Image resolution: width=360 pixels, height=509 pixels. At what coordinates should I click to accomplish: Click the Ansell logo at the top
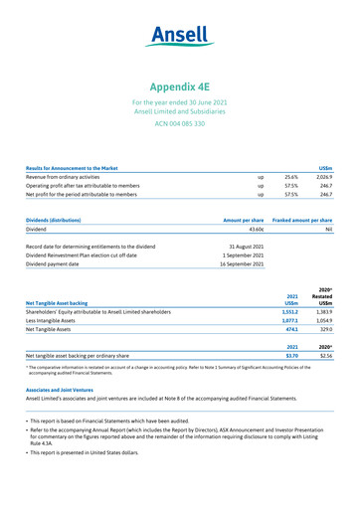pos(180,36)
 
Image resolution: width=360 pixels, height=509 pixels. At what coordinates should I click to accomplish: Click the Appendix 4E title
pos(180,86)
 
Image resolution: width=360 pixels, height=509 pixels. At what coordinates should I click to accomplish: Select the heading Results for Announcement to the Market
pos(72,168)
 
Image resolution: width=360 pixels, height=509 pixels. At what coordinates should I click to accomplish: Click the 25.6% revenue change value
pos(291,177)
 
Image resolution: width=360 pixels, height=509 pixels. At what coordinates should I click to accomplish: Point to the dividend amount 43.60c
pos(251,228)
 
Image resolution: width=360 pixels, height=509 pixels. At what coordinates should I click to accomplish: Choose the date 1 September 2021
pos(244,255)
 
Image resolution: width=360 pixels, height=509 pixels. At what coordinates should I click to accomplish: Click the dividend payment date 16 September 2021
pos(242,264)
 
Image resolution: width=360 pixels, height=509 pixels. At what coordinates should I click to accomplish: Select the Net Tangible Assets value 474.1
pos(291,331)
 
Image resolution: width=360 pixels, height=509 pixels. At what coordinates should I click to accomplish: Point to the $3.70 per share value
pos(291,355)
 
